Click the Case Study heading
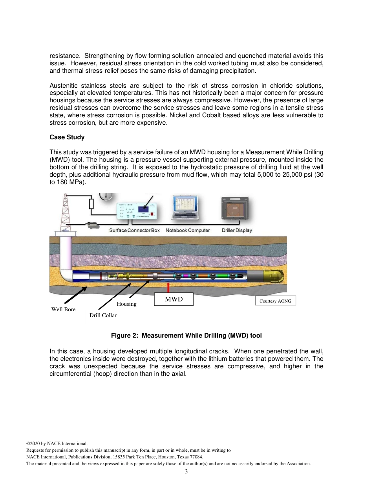pyautogui.click(x=67, y=137)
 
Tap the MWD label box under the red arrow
pyautogui.click(x=174, y=299)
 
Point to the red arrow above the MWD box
pyautogui.click(x=168, y=287)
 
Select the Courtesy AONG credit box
pyautogui.click(x=275, y=301)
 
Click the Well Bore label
pyautogui.click(x=63, y=310)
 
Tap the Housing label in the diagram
pyautogui.click(x=126, y=304)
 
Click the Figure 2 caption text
pyautogui.click(x=186, y=336)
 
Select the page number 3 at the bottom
pyautogui.click(x=186, y=472)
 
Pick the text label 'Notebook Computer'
pyautogui.click(x=188, y=230)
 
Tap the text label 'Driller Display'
pyautogui.click(x=237, y=230)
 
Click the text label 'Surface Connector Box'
pyautogui.click(x=134, y=230)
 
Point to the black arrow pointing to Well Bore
pyautogui.click(x=76, y=295)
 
